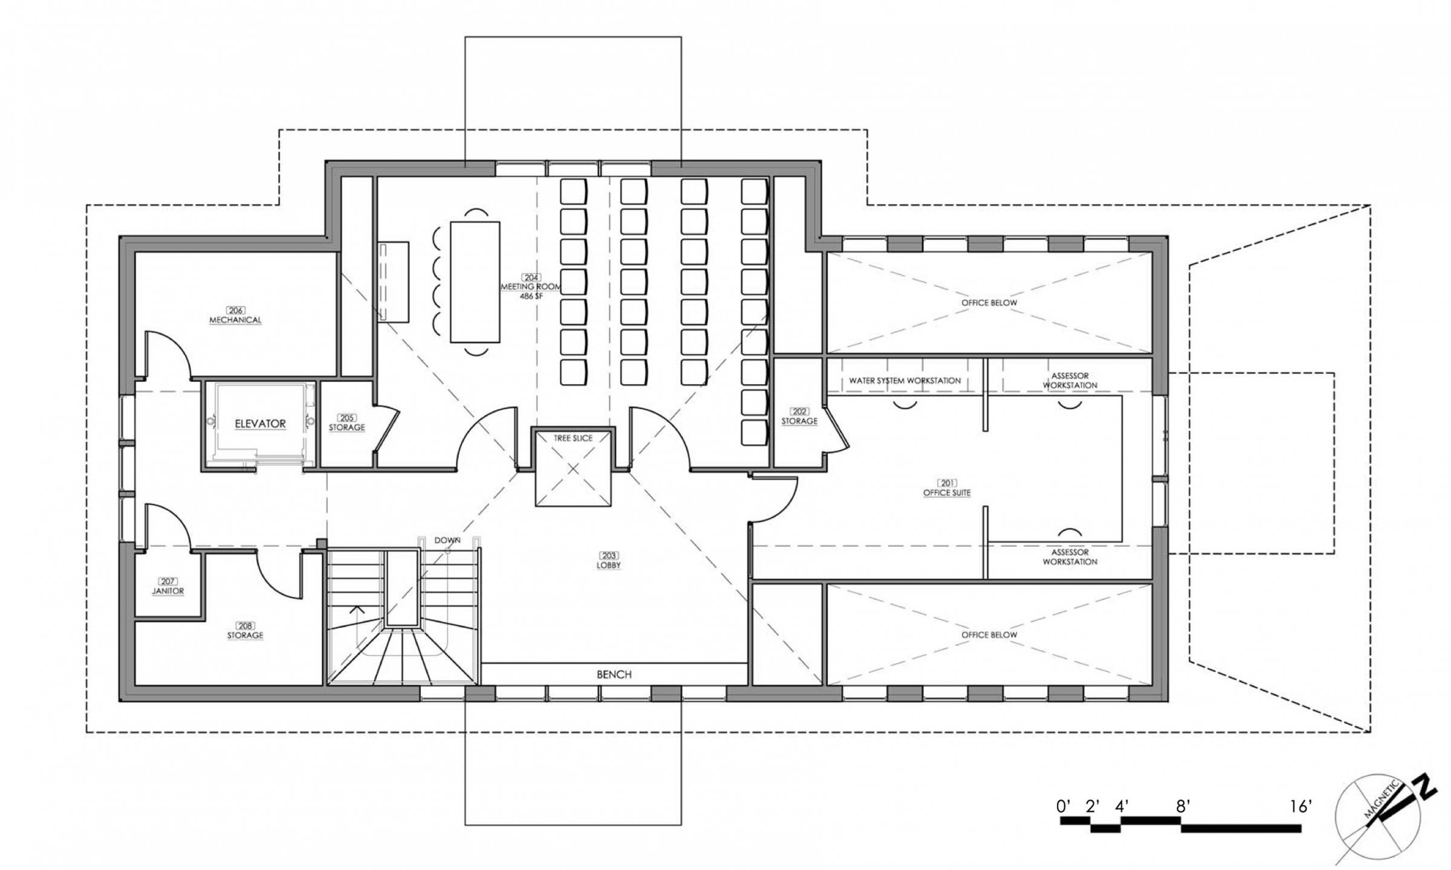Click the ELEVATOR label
click(260, 424)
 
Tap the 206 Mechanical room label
click(235, 315)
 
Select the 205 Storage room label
click(346, 423)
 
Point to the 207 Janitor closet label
click(167, 587)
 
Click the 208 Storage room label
click(245, 631)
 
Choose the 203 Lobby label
click(608, 561)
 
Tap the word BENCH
click(614, 674)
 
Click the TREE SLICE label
click(573, 438)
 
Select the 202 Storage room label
click(799, 417)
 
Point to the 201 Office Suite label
click(946, 488)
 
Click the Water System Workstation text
click(904, 381)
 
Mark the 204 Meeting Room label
click(531, 287)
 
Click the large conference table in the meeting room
click(475, 282)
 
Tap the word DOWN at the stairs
click(447, 540)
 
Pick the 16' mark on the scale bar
click(1300, 807)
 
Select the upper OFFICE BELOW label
click(989, 303)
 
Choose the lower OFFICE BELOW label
click(989, 635)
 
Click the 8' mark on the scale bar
click(1183, 807)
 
